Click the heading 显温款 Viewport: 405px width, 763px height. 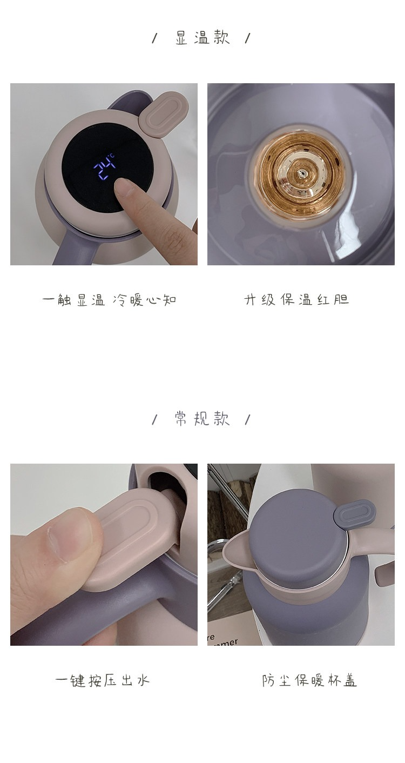pos(202,37)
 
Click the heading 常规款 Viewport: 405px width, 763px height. pos(202,418)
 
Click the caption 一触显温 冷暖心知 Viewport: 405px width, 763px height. pos(109,300)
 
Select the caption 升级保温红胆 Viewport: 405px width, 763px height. pos(296,300)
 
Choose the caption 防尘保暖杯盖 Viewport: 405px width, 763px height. pos(309,681)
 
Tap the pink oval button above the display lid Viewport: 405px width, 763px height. pos(164,115)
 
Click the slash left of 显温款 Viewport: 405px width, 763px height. pos(155,38)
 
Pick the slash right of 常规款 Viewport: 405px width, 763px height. pos(248,419)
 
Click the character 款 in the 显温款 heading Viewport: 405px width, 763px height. pos(221,37)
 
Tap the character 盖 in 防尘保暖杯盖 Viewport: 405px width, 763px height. pos(349,681)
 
